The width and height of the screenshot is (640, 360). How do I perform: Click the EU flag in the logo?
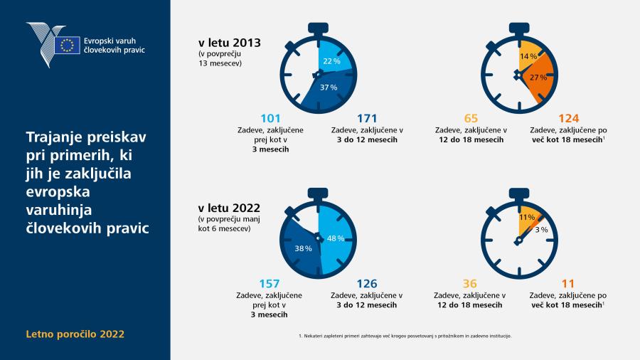click(67, 45)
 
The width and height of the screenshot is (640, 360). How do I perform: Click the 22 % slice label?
click(331, 61)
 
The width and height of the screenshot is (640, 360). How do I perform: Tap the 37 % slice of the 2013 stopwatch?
click(329, 91)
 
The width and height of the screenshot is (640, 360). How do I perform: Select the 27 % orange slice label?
click(538, 78)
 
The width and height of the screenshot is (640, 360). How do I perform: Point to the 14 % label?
click(528, 56)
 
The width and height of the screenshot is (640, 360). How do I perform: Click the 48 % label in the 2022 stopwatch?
click(336, 238)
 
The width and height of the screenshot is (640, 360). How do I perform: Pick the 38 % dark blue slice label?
click(303, 248)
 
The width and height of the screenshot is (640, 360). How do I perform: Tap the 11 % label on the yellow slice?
click(527, 218)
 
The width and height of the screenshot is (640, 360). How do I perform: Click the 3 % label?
click(541, 230)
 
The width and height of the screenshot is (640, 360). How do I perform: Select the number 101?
click(270, 118)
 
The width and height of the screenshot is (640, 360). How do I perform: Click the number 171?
click(367, 118)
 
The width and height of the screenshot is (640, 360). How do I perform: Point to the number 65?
click(471, 118)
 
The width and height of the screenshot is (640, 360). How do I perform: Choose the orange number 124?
click(569, 118)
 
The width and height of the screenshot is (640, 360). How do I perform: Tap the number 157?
click(270, 284)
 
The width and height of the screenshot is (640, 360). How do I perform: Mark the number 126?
click(366, 284)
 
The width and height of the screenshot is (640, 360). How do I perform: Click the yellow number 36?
click(470, 284)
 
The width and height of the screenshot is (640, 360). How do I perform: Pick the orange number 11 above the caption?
click(567, 284)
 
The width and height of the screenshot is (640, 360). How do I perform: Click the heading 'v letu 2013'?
click(230, 43)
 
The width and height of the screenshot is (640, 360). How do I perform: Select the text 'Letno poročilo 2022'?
click(75, 334)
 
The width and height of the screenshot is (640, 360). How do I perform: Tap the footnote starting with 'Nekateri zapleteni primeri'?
click(405, 336)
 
